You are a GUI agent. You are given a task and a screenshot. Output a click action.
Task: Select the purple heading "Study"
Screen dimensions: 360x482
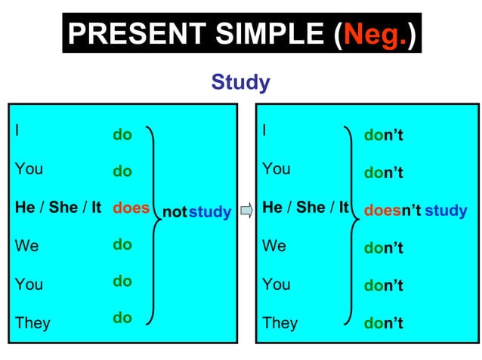coord(240,82)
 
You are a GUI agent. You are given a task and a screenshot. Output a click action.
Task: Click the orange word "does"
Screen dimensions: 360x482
coord(131,208)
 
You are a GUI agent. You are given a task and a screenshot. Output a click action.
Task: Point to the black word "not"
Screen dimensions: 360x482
coord(174,212)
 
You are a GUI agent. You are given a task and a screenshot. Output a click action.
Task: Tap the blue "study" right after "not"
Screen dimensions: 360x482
coord(209,212)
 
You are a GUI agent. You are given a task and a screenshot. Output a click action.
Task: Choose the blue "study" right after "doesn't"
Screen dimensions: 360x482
coord(446,211)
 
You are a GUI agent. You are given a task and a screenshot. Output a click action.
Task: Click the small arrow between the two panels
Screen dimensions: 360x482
coord(246,211)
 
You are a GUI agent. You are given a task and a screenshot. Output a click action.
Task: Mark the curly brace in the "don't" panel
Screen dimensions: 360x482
coord(350,224)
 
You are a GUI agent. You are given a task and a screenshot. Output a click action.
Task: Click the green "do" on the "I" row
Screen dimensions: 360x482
coord(122,135)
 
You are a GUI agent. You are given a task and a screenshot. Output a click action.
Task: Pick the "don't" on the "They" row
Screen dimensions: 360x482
coord(383,323)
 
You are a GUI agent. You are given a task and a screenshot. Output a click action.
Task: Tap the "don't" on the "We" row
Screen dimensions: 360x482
coord(383,248)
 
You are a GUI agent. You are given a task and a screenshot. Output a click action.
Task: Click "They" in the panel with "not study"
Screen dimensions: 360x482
coord(32,323)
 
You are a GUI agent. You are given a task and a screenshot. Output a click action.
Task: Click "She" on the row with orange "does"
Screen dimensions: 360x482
coord(63,208)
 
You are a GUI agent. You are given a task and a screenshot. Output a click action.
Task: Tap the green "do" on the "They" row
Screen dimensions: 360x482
coord(122,318)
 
